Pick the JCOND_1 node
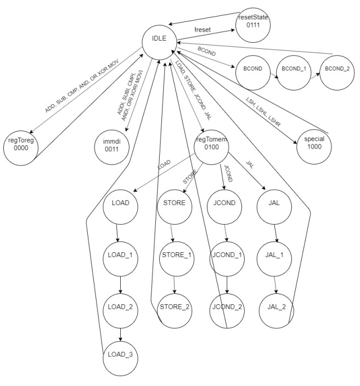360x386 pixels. (227, 256)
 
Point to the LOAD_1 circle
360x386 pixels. (120, 256)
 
